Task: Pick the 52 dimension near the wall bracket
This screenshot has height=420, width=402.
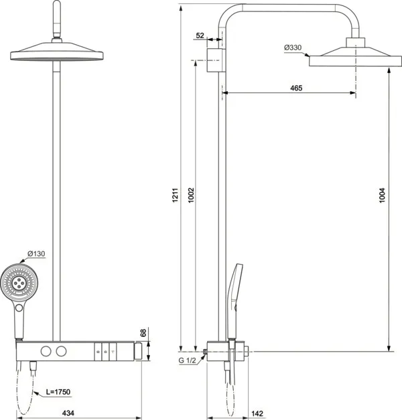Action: click(200, 36)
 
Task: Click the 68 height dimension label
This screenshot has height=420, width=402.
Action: click(143, 333)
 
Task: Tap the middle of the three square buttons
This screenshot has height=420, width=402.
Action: click(105, 351)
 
